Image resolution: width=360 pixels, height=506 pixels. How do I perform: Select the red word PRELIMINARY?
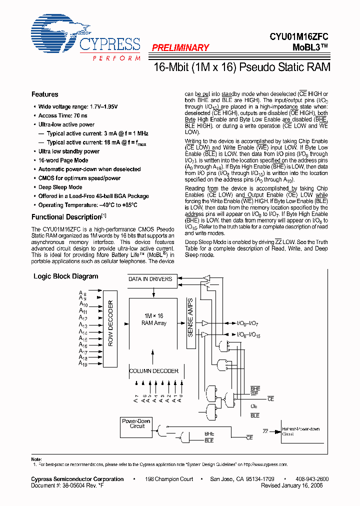click(x=180, y=48)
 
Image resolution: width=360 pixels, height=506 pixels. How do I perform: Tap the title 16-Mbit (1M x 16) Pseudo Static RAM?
click(x=240, y=67)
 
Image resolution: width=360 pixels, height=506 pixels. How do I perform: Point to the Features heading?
click(x=44, y=94)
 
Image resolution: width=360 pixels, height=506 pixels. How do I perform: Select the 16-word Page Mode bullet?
click(x=63, y=160)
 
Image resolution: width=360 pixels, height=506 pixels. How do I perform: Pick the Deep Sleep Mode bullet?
click(x=60, y=187)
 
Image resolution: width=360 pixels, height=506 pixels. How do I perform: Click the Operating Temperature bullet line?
click(x=88, y=205)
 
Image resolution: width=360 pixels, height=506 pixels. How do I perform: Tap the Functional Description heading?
click(x=66, y=217)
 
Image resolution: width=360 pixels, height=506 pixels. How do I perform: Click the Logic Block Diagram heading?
click(x=65, y=276)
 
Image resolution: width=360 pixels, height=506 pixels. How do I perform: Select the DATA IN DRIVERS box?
click(x=150, y=279)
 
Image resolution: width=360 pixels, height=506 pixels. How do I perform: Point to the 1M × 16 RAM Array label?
click(x=153, y=319)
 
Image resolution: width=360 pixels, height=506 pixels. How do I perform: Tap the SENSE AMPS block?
click(x=190, y=317)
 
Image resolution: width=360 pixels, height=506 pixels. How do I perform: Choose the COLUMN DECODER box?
click(x=153, y=371)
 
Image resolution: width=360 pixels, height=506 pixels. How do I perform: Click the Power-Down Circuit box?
click(x=136, y=423)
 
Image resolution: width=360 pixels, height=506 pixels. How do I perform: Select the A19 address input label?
click(x=83, y=363)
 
